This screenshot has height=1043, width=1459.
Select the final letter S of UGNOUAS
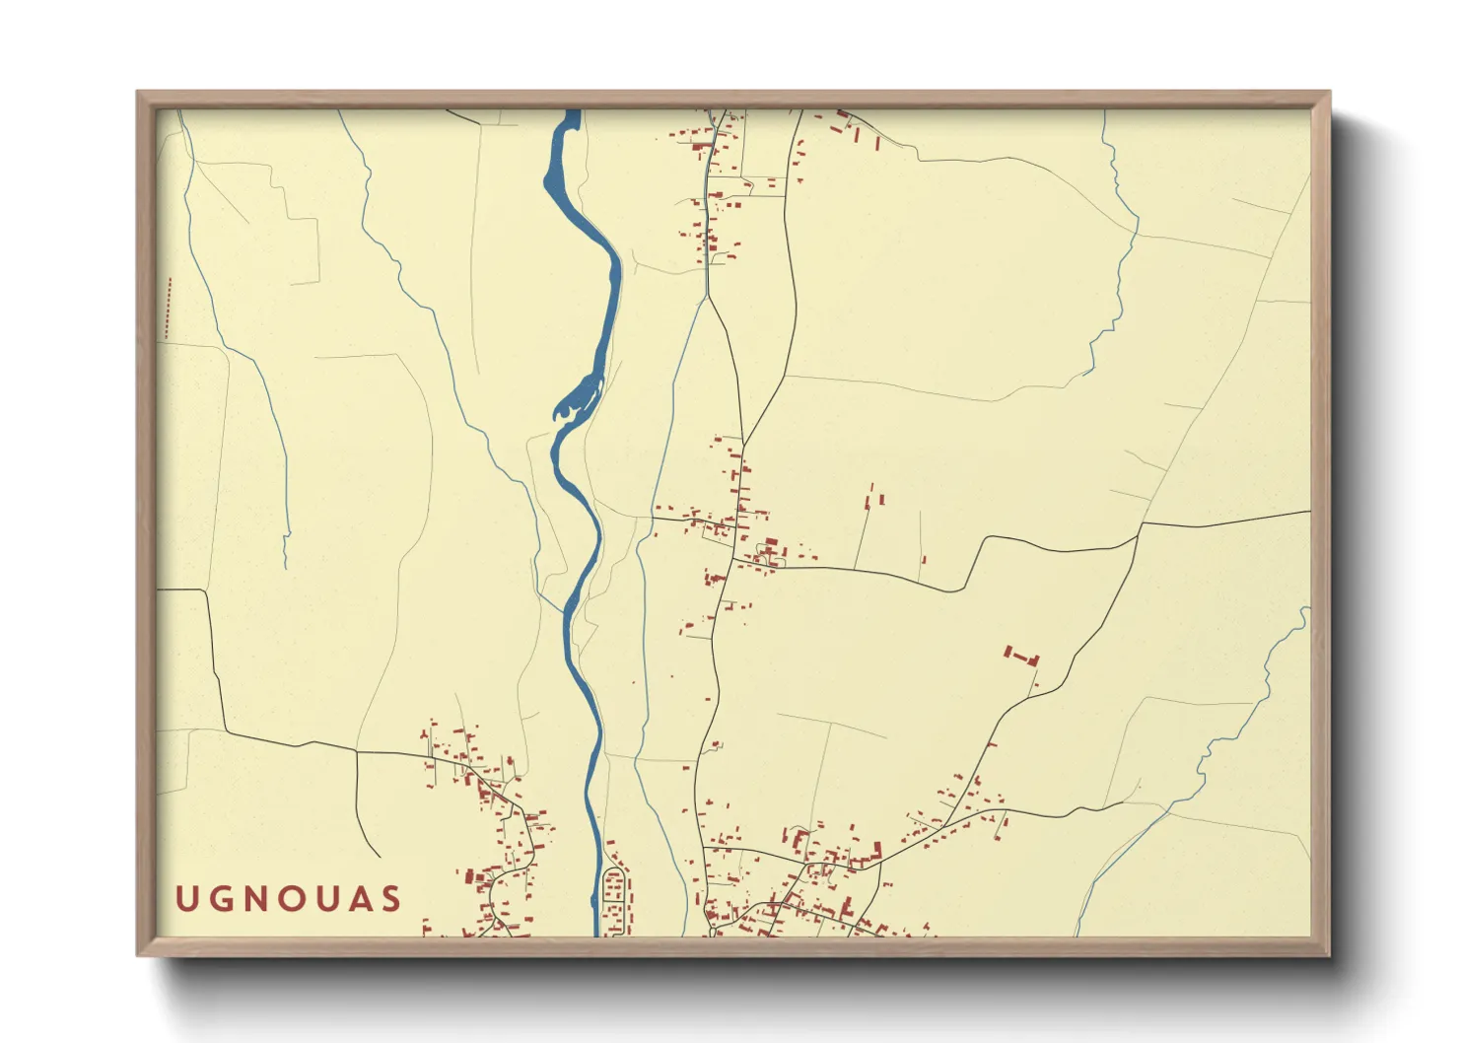coord(392,899)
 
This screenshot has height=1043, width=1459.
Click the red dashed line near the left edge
coord(168,309)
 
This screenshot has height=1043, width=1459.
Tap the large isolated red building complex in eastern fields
coord(1022,656)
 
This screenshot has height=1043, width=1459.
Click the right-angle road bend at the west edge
coord(207,591)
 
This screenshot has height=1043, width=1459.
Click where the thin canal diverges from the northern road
coord(707,297)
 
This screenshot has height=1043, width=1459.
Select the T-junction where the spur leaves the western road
coord(356,752)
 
